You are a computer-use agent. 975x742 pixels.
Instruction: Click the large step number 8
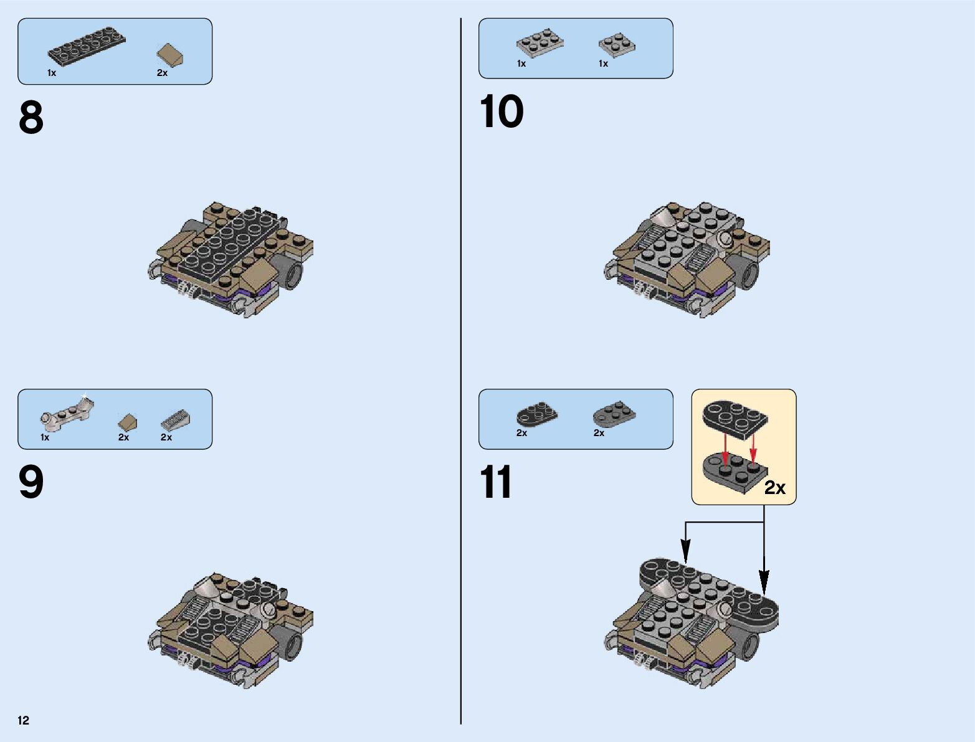pos(31,118)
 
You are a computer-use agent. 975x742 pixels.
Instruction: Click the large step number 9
pos(31,482)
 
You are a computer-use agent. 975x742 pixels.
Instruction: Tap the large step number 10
pos(502,112)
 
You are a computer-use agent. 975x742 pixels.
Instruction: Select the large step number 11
pos(496,482)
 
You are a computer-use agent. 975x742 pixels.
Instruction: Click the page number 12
pos(24,721)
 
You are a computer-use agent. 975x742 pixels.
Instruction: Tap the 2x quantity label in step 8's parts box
pos(162,73)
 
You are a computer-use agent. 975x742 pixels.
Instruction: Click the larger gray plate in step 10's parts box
pos(540,42)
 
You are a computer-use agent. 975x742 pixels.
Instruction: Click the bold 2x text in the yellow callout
pos(774,488)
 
